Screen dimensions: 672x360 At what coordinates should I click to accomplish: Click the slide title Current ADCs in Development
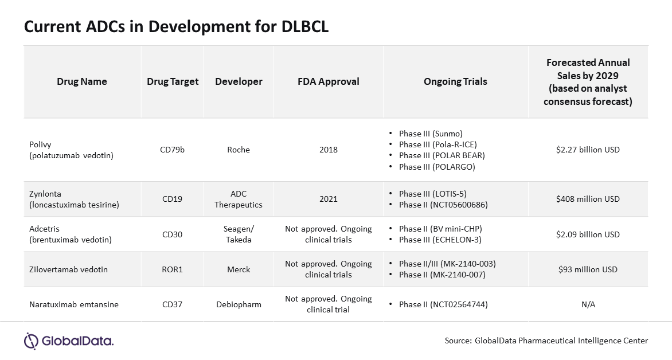tap(176, 26)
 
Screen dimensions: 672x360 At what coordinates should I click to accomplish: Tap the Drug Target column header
tap(173, 81)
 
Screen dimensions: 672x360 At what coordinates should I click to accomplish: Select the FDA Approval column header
tap(329, 81)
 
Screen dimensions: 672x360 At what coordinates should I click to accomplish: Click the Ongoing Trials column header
tap(455, 81)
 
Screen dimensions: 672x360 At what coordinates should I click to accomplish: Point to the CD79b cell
tap(172, 150)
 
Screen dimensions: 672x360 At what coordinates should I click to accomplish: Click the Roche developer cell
tap(239, 150)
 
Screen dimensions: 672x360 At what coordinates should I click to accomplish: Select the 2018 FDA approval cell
tap(329, 150)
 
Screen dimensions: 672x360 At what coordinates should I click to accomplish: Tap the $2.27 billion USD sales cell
tap(588, 150)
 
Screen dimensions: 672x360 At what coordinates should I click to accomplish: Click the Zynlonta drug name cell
tap(74, 199)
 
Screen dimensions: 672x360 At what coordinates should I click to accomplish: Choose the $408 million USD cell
tap(588, 199)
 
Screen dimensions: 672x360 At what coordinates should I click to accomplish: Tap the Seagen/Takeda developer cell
tap(239, 234)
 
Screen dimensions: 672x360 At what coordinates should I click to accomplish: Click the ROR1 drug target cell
tap(172, 269)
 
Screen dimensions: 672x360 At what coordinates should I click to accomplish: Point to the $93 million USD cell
tap(588, 269)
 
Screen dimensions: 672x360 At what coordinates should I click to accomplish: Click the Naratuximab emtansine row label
tap(74, 305)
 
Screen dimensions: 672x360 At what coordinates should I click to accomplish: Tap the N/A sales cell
tap(588, 305)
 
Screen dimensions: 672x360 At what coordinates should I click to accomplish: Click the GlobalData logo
tap(69, 341)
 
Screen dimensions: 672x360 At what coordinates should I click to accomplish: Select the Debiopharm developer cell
tap(239, 305)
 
